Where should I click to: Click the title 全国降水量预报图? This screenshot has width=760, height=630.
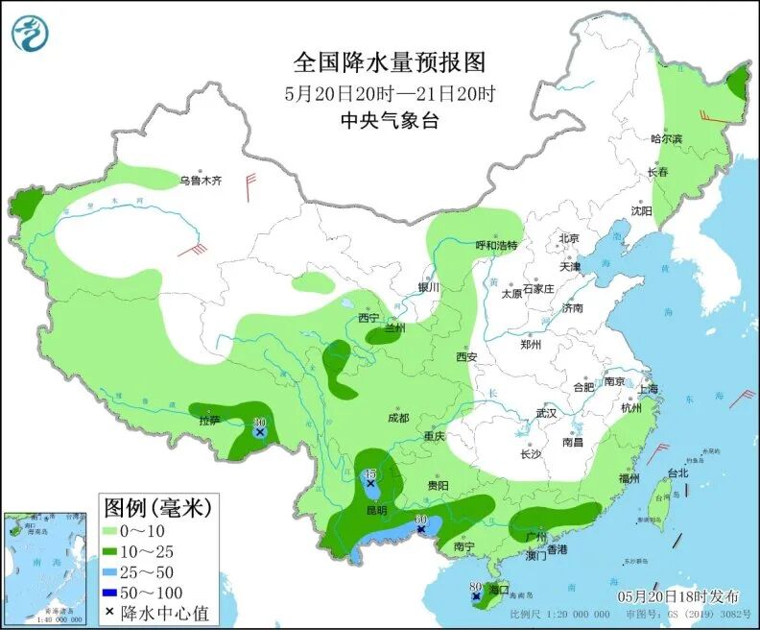[390, 62]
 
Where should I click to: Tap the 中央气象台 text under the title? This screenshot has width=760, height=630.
[390, 120]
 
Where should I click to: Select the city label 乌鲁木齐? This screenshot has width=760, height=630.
[201, 180]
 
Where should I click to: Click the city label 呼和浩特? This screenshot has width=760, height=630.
[496, 245]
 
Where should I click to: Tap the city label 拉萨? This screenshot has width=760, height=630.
[209, 420]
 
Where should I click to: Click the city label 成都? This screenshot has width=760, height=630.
[398, 418]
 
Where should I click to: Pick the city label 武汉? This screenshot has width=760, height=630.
[546, 412]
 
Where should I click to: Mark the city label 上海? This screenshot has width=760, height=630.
[647, 389]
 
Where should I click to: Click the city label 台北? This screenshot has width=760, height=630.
[677, 472]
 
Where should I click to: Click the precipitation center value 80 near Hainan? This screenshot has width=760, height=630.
[475, 588]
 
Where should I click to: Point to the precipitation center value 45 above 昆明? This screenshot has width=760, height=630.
[370, 473]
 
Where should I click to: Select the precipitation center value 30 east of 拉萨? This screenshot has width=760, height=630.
[259, 423]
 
